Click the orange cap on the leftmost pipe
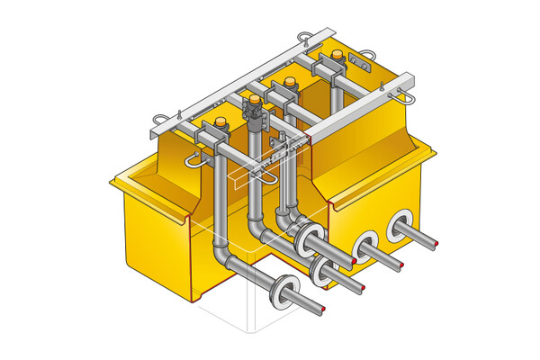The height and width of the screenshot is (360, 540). pos(220,122)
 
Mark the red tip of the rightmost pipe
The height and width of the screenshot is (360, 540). pos(436,246)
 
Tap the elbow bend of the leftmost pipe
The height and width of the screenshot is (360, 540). pos(225,262)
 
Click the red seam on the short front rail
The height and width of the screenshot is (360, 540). pos(309,138)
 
